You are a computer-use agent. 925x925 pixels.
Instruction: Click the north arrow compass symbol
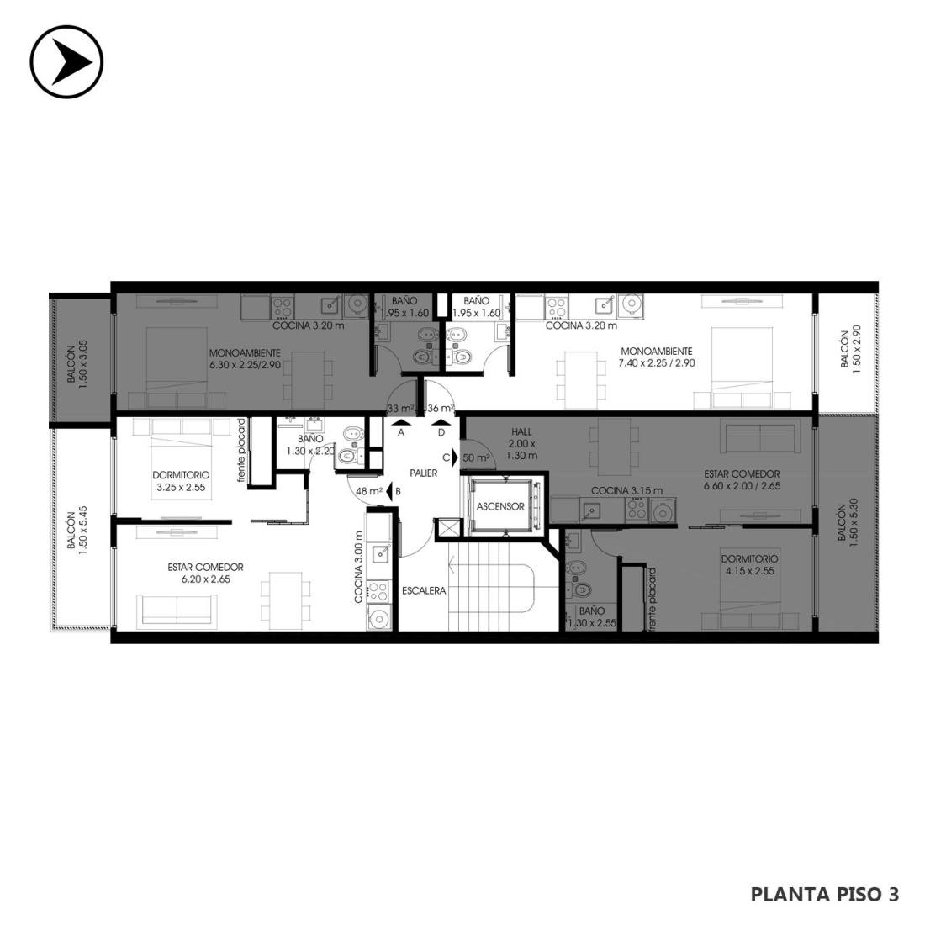coord(66,61)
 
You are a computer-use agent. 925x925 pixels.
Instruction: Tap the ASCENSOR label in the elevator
coord(500,506)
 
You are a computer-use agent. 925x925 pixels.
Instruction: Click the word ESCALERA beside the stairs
coord(424,590)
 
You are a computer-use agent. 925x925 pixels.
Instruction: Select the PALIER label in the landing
coord(424,473)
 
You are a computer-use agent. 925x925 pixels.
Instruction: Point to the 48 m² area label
coord(369,491)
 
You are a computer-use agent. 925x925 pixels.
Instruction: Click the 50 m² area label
coord(476,457)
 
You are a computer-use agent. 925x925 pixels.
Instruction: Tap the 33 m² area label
coord(400,408)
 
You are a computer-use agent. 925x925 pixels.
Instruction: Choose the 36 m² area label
coord(441,408)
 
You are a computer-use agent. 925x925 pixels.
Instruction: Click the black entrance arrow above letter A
coord(400,422)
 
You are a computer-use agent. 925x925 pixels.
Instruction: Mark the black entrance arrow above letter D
coord(441,422)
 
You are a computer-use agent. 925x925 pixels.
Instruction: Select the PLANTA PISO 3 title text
coord(825,895)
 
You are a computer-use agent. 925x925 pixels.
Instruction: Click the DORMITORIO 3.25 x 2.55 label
coord(181,481)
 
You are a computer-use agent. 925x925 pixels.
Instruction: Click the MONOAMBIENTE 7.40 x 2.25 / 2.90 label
coord(657,357)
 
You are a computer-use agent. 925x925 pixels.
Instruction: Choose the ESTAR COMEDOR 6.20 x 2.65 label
coord(205,573)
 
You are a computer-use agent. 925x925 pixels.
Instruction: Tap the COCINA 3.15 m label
coord(626,491)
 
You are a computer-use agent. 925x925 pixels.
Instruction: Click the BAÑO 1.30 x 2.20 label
coord(310,445)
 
